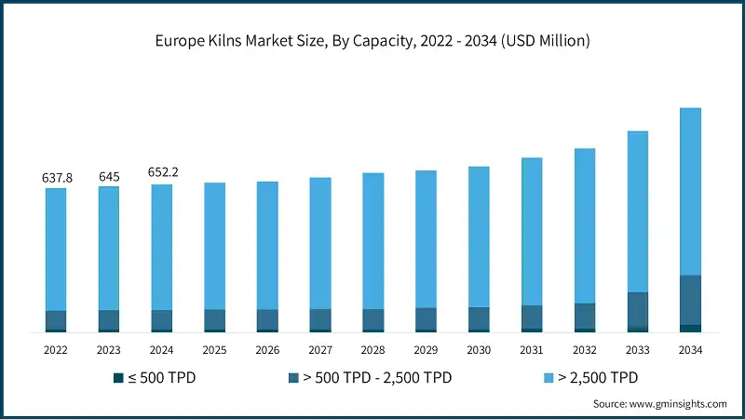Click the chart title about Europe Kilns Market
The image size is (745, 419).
[372, 41]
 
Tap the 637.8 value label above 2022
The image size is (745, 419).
[57, 177]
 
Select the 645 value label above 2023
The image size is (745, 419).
[109, 176]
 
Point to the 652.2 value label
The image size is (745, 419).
[162, 172]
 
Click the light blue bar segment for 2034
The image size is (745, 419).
[690, 191]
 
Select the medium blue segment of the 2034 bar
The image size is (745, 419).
[690, 300]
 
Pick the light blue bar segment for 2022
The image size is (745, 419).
[56, 250]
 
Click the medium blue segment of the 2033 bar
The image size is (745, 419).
[637, 309]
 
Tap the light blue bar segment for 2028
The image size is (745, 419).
[372, 240]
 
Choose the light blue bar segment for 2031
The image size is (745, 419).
[532, 231]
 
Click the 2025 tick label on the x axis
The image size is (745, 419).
[215, 351]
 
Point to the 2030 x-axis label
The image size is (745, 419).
[479, 351]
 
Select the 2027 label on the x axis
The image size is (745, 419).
[320, 351]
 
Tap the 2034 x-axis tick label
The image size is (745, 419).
[690, 351]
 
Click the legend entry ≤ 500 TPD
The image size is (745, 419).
[161, 377]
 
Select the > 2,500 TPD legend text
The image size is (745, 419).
[596, 377]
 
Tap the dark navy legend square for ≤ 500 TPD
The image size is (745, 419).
[117, 377]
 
